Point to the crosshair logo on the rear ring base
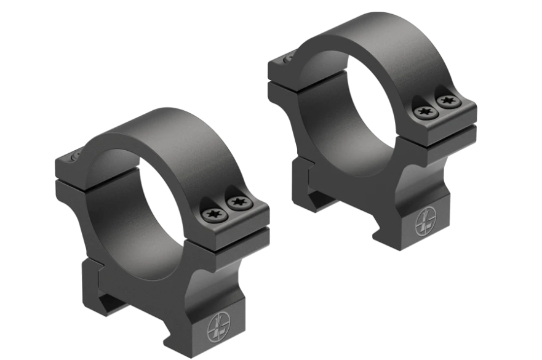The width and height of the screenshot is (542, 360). tap(425, 222)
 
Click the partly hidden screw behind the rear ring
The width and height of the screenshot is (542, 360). tap(287, 59)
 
